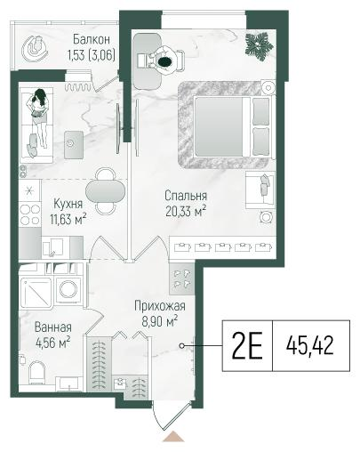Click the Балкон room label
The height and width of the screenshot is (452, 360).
pos(92,39)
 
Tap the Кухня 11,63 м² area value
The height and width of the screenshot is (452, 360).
pos(68,220)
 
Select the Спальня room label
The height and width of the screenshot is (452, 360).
pos(186,196)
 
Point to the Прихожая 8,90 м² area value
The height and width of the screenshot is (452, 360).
pos(160,321)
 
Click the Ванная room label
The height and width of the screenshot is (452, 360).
pos(53,327)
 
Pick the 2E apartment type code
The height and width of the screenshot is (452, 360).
pos(247,345)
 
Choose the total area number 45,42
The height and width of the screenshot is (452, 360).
pos(310,346)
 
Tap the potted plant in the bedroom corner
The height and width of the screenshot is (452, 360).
pos(259,46)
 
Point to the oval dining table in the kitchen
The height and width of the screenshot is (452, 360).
pos(105,191)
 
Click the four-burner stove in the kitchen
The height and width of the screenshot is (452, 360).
pos(30,214)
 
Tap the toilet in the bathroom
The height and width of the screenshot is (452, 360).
pos(36,371)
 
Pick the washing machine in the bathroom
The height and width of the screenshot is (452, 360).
pos(68,289)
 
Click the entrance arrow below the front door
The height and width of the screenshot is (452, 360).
pos(173,437)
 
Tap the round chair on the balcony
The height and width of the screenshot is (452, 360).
pos(35,48)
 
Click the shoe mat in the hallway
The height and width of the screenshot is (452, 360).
pos(181,279)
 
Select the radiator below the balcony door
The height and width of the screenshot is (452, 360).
pos(78,86)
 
